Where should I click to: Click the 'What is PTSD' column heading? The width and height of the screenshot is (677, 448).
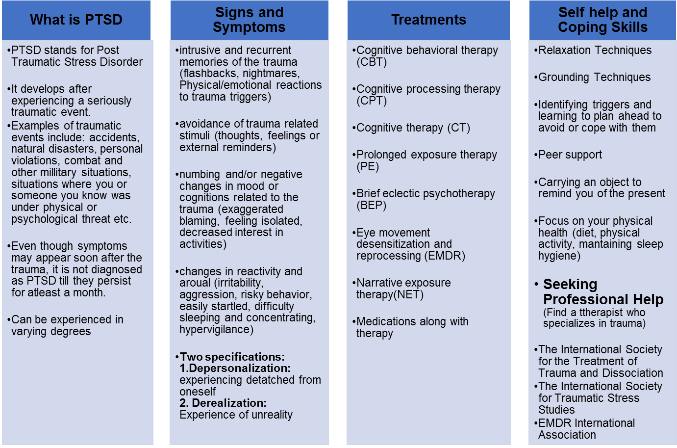coord(76,20)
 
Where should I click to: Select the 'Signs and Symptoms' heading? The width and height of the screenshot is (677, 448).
coord(249,20)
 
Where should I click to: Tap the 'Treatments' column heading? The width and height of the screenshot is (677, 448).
coord(428,20)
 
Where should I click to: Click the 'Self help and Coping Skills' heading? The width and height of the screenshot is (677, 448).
coord(602,20)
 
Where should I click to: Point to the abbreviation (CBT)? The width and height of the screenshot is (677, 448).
coord(372,62)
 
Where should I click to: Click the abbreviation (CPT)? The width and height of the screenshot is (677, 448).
coord(372,101)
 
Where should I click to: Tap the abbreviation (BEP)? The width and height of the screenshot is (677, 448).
coord(372,206)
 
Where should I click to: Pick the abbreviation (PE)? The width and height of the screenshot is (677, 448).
coord(368,167)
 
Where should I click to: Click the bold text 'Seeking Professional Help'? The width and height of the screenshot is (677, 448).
coord(603,292)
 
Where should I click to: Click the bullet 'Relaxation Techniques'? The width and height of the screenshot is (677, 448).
coord(595,51)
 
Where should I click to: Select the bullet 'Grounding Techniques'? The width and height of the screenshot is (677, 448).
coord(594,78)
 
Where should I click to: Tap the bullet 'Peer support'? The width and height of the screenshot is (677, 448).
coord(570,155)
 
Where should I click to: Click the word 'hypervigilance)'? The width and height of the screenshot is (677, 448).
coord(216,330)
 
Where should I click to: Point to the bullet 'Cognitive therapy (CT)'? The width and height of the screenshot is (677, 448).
coord(413,128)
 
